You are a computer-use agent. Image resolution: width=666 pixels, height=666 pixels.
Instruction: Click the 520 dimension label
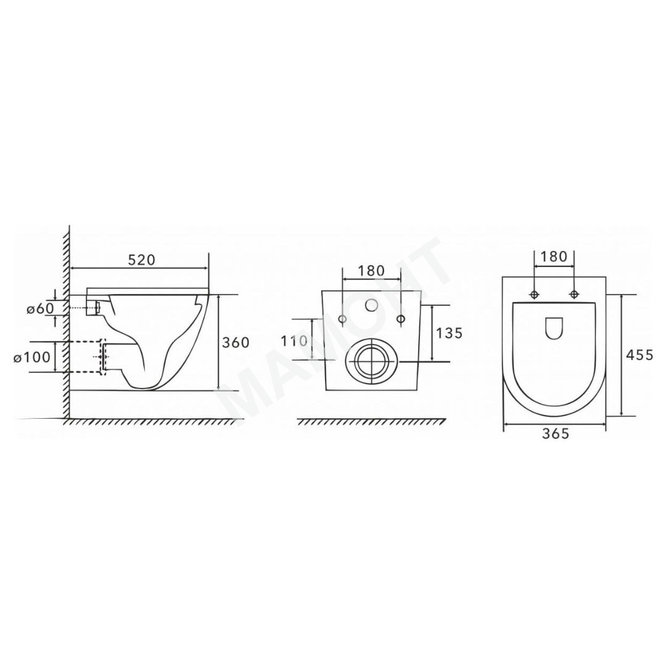click(x=142, y=260)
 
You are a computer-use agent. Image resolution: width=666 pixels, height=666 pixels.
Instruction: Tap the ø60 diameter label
click(x=41, y=308)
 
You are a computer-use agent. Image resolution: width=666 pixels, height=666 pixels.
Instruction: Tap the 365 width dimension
click(x=555, y=434)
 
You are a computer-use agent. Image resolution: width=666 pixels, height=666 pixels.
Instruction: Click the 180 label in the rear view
click(x=371, y=270)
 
